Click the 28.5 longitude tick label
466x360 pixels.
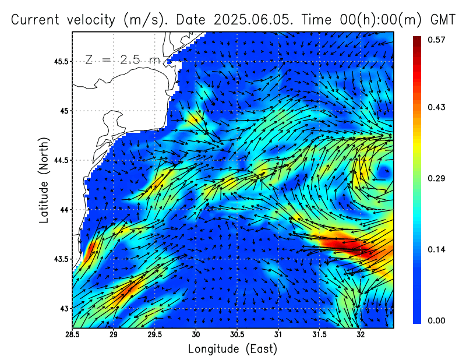[73, 335]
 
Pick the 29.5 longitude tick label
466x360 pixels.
[155, 335]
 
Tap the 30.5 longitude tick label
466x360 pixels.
[237, 335]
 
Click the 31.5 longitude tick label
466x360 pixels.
[320, 335]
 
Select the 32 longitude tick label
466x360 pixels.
[361, 335]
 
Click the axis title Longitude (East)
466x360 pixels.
[232, 349]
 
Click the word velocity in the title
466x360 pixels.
[90, 19]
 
